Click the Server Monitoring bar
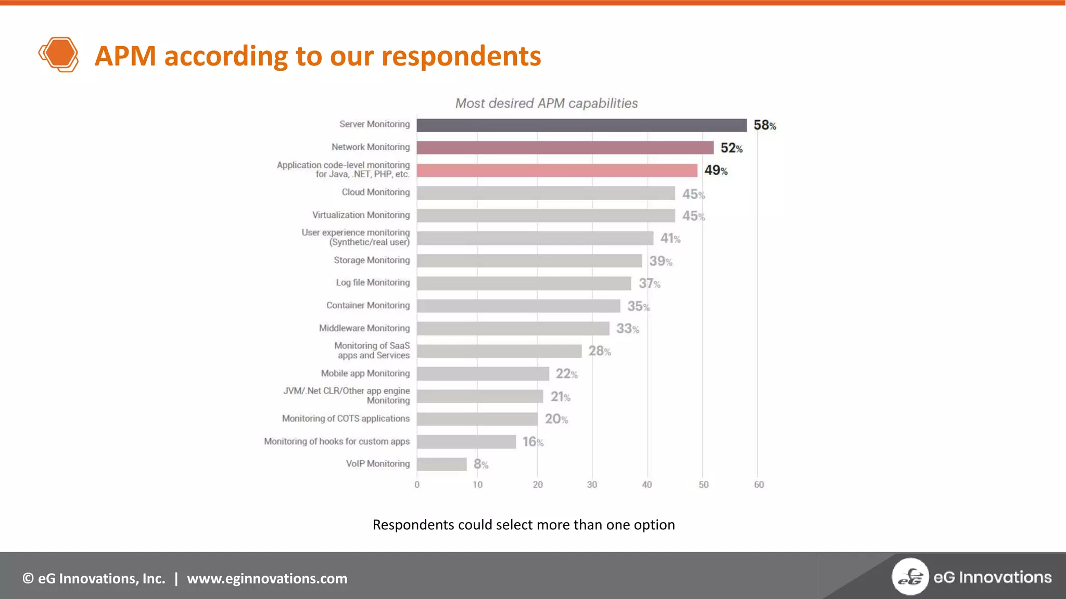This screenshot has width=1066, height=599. tap(581, 125)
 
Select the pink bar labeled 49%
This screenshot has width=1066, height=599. tap(557, 171)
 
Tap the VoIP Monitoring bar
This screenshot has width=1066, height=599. tap(441, 464)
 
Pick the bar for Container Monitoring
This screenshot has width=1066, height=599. tap(518, 306)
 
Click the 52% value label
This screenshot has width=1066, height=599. tap(731, 148)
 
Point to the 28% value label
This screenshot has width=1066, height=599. tap(600, 351)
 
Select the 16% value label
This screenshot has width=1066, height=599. tap(533, 442)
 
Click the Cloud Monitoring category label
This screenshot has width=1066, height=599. tap(375, 192)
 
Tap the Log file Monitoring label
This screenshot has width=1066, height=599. tap(373, 282)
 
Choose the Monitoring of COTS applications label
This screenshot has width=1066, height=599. tap(346, 419)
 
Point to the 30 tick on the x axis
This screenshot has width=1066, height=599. tap(592, 485)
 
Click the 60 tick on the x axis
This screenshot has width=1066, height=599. tap(759, 485)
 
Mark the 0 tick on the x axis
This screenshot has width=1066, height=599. tap(417, 485)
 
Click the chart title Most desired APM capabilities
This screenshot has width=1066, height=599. tap(546, 103)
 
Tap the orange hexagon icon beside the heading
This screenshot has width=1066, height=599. tap(59, 54)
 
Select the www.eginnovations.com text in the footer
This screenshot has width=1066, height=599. tap(267, 579)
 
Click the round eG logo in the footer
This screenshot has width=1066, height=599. tap(910, 577)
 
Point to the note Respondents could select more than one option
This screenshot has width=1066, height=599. tap(524, 525)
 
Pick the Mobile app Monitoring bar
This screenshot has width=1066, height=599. tap(483, 374)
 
